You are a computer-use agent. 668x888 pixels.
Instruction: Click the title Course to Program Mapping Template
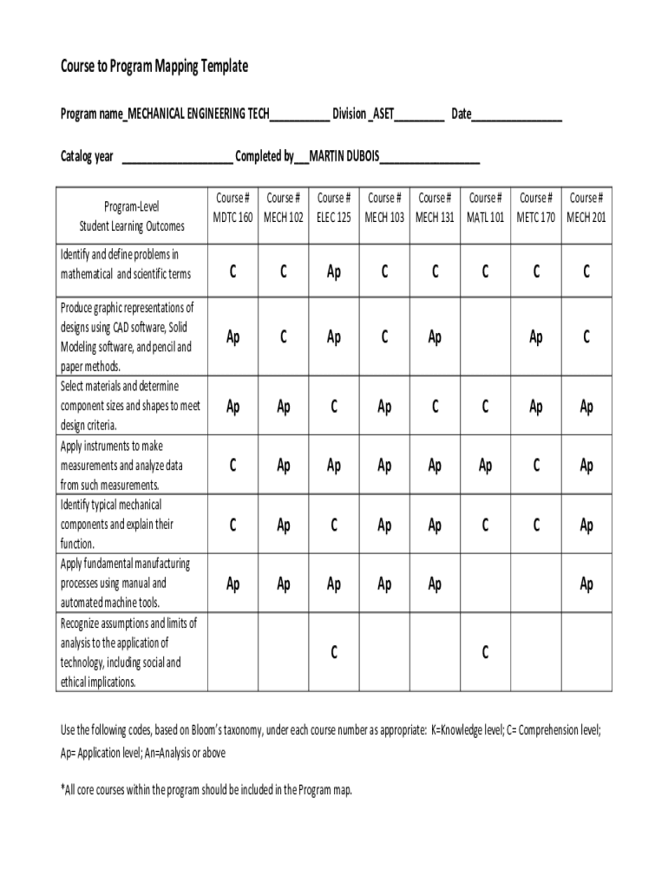tap(154, 67)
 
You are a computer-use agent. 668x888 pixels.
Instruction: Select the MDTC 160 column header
tap(232, 208)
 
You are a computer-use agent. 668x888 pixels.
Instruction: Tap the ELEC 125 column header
tap(334, 208)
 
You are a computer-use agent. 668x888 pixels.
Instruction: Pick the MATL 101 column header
tap(485, 208)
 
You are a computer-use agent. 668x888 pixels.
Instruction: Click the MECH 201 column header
tap(586, 208)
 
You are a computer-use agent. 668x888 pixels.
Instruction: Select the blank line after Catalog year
tap(177, 158)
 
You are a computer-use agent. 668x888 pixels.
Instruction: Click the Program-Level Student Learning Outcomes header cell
tap(132, 217)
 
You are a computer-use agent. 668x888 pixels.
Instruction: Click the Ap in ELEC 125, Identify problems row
tap(334, 272)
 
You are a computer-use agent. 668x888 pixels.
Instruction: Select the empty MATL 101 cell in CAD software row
tap(485, 337)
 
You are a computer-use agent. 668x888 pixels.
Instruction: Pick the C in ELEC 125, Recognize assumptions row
tap(334, 653)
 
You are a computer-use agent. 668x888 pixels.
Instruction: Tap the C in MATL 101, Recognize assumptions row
tap(485, 653)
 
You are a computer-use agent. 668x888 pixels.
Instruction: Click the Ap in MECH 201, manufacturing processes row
tap(586, 584)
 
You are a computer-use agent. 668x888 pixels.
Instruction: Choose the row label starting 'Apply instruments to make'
tap(121, 466)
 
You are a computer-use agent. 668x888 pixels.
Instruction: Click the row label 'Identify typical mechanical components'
tap(117, 524)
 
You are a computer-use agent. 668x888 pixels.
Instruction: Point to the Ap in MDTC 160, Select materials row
tap(232, 407)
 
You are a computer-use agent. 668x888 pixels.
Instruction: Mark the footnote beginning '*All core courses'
tap(206, 790)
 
